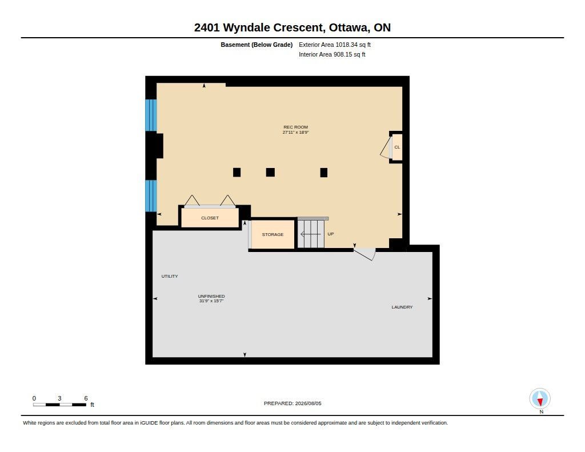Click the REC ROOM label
click(x=295, y=127)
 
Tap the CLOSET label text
click(x=210, y=218)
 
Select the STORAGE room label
click(x=273, y=234)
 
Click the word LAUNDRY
click(x=402, y=307)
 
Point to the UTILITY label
click(x=169, y=276)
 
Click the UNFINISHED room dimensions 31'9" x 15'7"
click(x=211, y=301)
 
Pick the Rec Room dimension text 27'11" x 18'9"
click(x=295, y=132)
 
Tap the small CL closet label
click(x=397, y=147)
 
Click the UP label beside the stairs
click(x=331, y=234)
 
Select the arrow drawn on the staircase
click(x=310, y=234)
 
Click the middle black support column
click(x=270, y=172)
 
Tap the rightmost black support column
click(x=323, y=172)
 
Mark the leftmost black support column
click(x=237, y=172)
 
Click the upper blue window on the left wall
click(x=151, y=115)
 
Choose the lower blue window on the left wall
click(x=151, y=196)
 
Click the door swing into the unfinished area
click(x=364, y=254)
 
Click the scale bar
click(x=59, y=405)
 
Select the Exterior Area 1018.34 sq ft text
click(x=335, y=45)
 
